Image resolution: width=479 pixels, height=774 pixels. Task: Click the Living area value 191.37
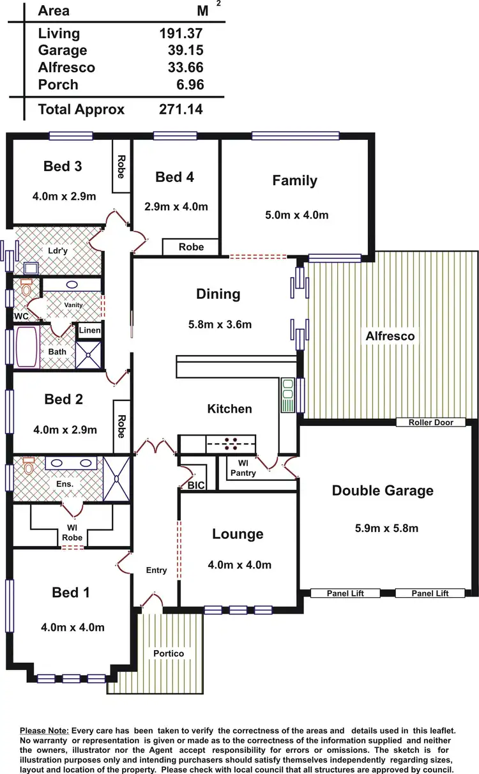coord(182,33)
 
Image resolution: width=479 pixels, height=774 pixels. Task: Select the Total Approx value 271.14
coord(181,109)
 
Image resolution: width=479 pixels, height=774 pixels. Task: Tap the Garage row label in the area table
coord(63,50)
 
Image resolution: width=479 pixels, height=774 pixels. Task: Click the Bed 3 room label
coord(63,167)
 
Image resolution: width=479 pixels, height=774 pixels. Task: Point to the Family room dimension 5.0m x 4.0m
coord(296,215)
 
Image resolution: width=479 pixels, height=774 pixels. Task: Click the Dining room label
coord(218,294)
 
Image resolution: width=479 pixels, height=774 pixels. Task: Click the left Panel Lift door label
coord(345,593)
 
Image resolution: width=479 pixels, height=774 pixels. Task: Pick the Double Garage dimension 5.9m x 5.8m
coord(386,528)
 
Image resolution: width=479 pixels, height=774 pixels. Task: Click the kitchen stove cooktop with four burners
coord(231,443)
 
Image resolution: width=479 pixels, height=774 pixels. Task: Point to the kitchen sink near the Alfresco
coord(288,395)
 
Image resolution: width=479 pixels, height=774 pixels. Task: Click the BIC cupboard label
coord(196,486)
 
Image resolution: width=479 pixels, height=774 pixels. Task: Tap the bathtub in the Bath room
coord(27,347)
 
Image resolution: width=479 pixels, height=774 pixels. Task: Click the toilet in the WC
coord(26,289)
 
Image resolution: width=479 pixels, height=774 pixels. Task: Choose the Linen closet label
coord(89,330)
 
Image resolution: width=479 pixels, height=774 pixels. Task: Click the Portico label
coord(169,654)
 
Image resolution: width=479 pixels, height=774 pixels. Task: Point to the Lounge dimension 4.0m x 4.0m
coord(240,565)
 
